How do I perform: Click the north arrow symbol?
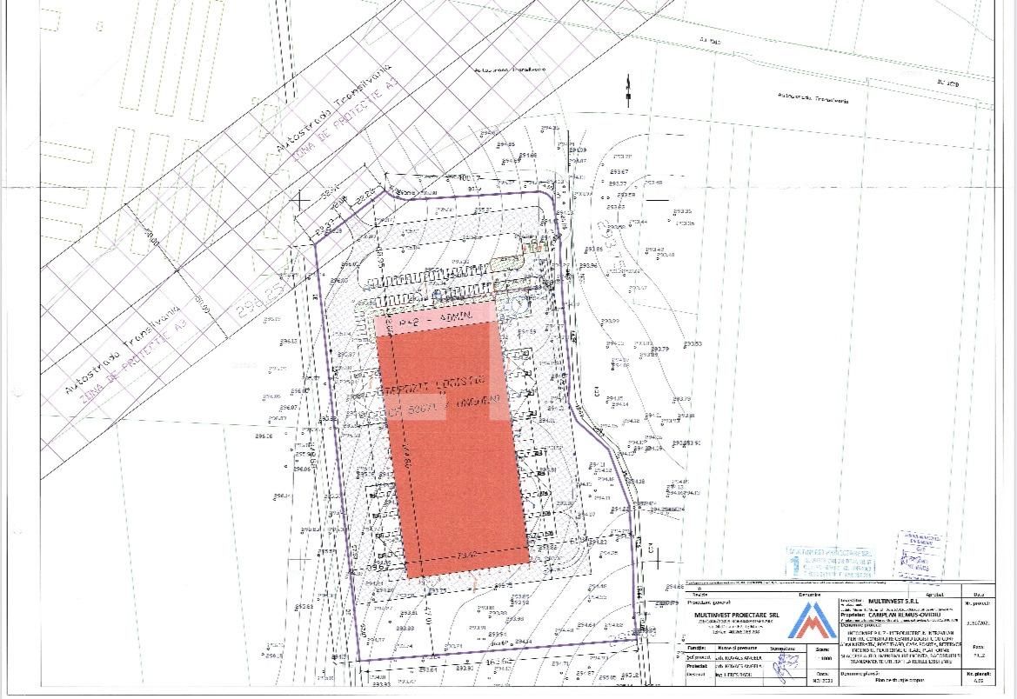pyautogui.click(x=627, y=89)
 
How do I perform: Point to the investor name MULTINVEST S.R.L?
pyautogui.click(x=894, y=601)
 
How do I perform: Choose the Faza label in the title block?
pyautogui.click(x=977, y=647)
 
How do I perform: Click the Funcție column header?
pyautogui.click(x=696, y=648)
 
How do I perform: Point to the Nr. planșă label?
pyautogui.click(x=977, y=673)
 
